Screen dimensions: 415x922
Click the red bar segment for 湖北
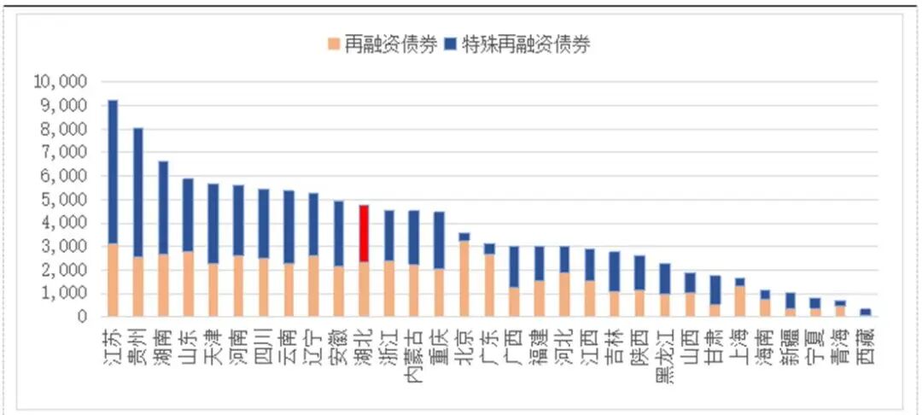pyautogui.click(x=364, y=233)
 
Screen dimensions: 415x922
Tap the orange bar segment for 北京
pyautogui.click(x=464, y=278)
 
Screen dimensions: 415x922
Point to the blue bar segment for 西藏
pyautogui.click(x=865, y=312)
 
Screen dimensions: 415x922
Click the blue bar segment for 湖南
pyautogui.click(x=163, y=207)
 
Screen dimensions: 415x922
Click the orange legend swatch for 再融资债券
pyautogui.click(x=333, y=44)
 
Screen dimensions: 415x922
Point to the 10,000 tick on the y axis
pyautogui.click(x=60, y=82)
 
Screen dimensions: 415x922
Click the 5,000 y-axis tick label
pyautogui.click(x=63, y=200)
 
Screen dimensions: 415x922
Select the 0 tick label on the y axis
pyautogui.click(x=83, y=317)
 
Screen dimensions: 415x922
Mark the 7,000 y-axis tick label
pyautogui.click(x=63, y=153)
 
